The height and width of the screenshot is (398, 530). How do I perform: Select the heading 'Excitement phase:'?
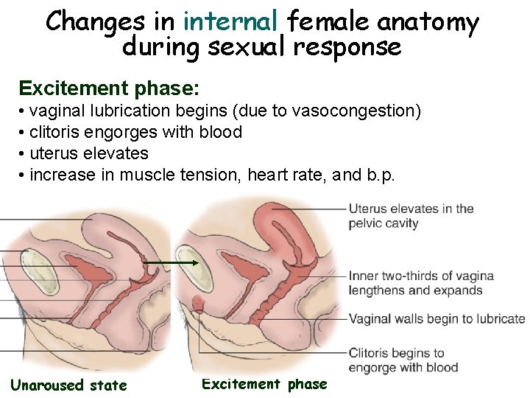pyautogui.click(x=109, y=88)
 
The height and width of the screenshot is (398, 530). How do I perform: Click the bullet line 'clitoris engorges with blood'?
pyautogui.click(x=135, y=133)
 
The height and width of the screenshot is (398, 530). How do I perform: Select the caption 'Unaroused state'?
pyautogui.click(x=68, y=385)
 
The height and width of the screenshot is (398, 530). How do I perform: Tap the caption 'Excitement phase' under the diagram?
pyautogui.click(x=264, y=384)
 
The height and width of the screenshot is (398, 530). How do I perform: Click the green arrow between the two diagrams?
pyautogui.click(x=171, y=262)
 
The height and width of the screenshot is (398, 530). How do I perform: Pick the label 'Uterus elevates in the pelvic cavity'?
pyautogui.click(x=411, y=216)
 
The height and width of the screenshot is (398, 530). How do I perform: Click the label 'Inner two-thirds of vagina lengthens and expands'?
pyautogui.click(x=420, y=283)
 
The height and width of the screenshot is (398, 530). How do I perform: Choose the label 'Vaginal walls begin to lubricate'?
pyautogui.click(x=437, y=319)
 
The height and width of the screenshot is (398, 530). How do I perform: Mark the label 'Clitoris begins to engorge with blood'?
pyautogui.click(x=403, y=360)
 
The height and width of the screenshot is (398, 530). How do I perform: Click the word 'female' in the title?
pyautogui.click(x=329, y=22)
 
